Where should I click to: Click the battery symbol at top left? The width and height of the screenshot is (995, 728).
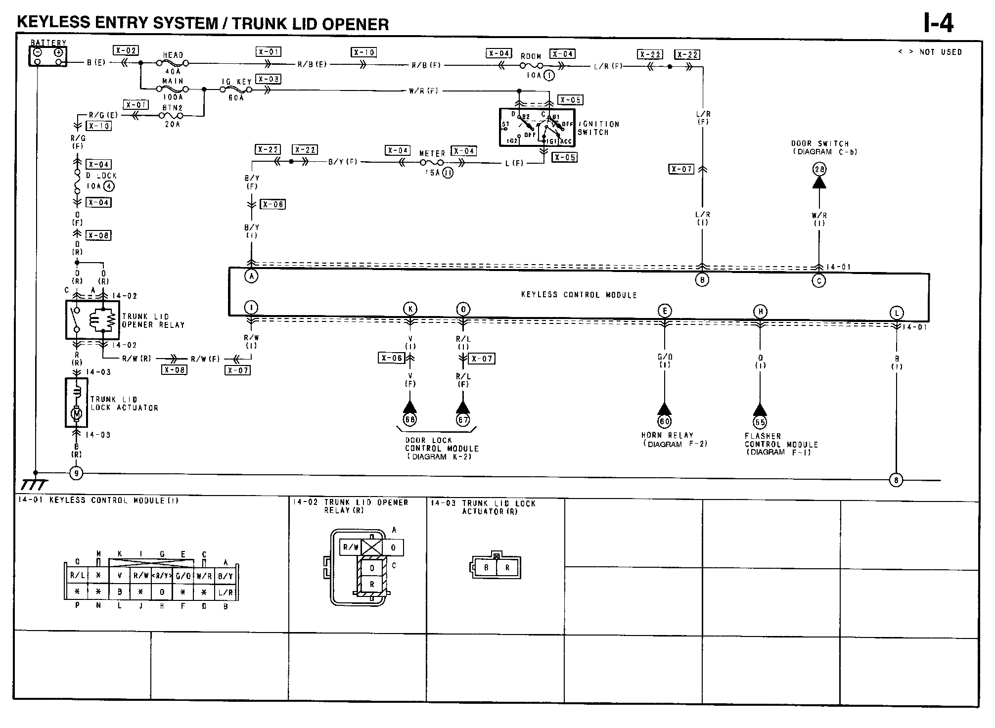[x=47, y=56]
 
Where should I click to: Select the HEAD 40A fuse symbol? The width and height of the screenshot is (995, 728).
[x=172, y=63]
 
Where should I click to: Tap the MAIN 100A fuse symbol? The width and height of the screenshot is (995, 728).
[x=172, y=90]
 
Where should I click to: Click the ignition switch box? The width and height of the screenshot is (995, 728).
[x=537, y=127]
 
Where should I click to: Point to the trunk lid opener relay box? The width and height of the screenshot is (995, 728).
[x=92, y=319]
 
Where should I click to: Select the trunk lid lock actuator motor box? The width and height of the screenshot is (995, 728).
[x=77, y=403]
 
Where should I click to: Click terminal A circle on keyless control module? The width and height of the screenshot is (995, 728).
[x=252, y=276]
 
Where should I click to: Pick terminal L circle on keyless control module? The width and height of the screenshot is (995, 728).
[x=896, y=313]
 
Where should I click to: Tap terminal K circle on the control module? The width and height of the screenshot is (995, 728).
[x=410, y=310]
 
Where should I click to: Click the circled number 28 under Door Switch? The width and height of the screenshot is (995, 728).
[x=819, y=170]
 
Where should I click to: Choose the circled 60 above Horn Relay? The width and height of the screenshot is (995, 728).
[x=664, y=421]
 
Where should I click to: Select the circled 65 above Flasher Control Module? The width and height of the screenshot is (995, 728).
[x=760, y=422]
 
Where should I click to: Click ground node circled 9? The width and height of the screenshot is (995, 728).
[x=76, y=473]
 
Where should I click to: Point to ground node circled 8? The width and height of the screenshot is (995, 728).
[x=896, y=480]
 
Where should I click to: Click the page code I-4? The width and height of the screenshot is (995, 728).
[x=938, y=23]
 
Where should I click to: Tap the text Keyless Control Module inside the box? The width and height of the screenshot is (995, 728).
[x=579, y=295]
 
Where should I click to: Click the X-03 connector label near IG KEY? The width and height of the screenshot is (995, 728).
[x=269, y=79]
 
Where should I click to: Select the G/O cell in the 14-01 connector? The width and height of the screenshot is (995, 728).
[x=183, y=576]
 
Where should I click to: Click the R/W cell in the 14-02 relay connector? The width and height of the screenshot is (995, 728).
[x=351, y=547]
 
